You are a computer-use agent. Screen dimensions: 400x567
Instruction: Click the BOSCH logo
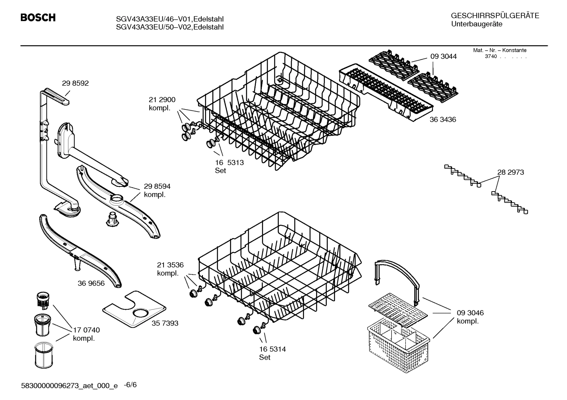(38, 18)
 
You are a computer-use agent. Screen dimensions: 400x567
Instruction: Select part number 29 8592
(75, 83)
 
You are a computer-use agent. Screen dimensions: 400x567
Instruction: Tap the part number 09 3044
(444, 57)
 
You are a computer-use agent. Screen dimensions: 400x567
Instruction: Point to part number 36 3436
(443, 120)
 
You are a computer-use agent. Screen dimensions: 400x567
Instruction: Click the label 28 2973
(510, 172)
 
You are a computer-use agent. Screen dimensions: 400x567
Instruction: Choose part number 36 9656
(91, 283)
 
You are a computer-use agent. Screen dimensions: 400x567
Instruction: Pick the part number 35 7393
(165, 323)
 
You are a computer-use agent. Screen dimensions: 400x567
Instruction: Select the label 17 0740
(87, 330)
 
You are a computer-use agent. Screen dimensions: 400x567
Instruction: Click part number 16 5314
(272, 349)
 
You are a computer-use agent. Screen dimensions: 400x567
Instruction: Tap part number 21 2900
(162, 100)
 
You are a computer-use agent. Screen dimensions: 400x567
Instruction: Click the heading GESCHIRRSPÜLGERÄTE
(495, 16)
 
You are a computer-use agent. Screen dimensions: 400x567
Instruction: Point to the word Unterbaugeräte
(477, 24)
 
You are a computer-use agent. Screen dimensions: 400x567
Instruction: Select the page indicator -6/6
(130, 385)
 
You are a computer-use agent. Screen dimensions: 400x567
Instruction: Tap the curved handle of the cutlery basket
(397, 267)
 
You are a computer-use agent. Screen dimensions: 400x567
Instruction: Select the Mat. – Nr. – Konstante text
(499, 50)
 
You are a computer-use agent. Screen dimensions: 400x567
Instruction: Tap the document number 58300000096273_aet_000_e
(69, 386)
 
